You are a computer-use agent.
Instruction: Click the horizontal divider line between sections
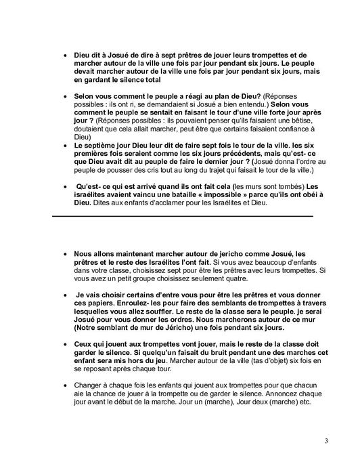(183, 215)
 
